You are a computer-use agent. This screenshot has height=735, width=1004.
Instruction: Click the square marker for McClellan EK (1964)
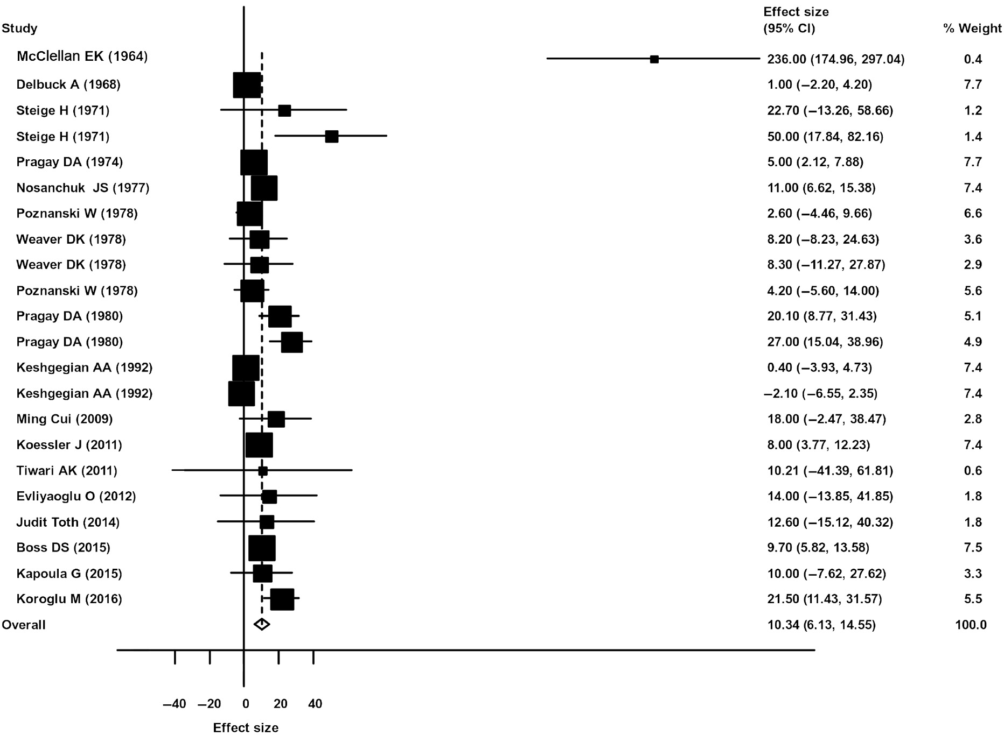(x=654, y=59)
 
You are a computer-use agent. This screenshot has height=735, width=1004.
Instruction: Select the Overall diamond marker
(x=262, y=624)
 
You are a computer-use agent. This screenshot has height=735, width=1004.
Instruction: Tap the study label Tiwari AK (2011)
(x=67, y=471)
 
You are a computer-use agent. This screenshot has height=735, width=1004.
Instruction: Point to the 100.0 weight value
(x=971, y=625)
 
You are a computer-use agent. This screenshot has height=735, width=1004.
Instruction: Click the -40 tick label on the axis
(x=174, y=704)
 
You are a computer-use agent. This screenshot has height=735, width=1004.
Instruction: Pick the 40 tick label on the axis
(x=315, y=704)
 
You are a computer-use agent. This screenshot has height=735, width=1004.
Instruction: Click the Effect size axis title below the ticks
(x=246, y=728)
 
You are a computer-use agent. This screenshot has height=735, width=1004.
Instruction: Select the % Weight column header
(x=972, y=29)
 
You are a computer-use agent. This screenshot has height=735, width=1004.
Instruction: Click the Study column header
(x=19, y=29)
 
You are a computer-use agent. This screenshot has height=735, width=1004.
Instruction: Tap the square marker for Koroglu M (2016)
(x=282, y=599)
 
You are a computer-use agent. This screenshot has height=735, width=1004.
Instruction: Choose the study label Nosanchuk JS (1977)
(x=83, y=188)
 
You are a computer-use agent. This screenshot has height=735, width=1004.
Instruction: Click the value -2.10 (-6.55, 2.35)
(x=820, y=393)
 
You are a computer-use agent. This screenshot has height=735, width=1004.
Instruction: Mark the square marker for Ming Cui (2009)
(x=276, y=419)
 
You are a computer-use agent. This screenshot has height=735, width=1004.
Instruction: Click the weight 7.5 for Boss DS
(x=973, y=548)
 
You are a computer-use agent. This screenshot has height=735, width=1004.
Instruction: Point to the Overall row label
(x=24, y=625)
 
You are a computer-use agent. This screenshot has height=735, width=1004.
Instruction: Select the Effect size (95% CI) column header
(x=796, y=20)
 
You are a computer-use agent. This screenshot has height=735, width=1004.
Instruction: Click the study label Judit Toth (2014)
(x=68, y=522)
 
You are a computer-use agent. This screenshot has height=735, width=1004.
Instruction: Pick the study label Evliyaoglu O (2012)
(x=76, y=496)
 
